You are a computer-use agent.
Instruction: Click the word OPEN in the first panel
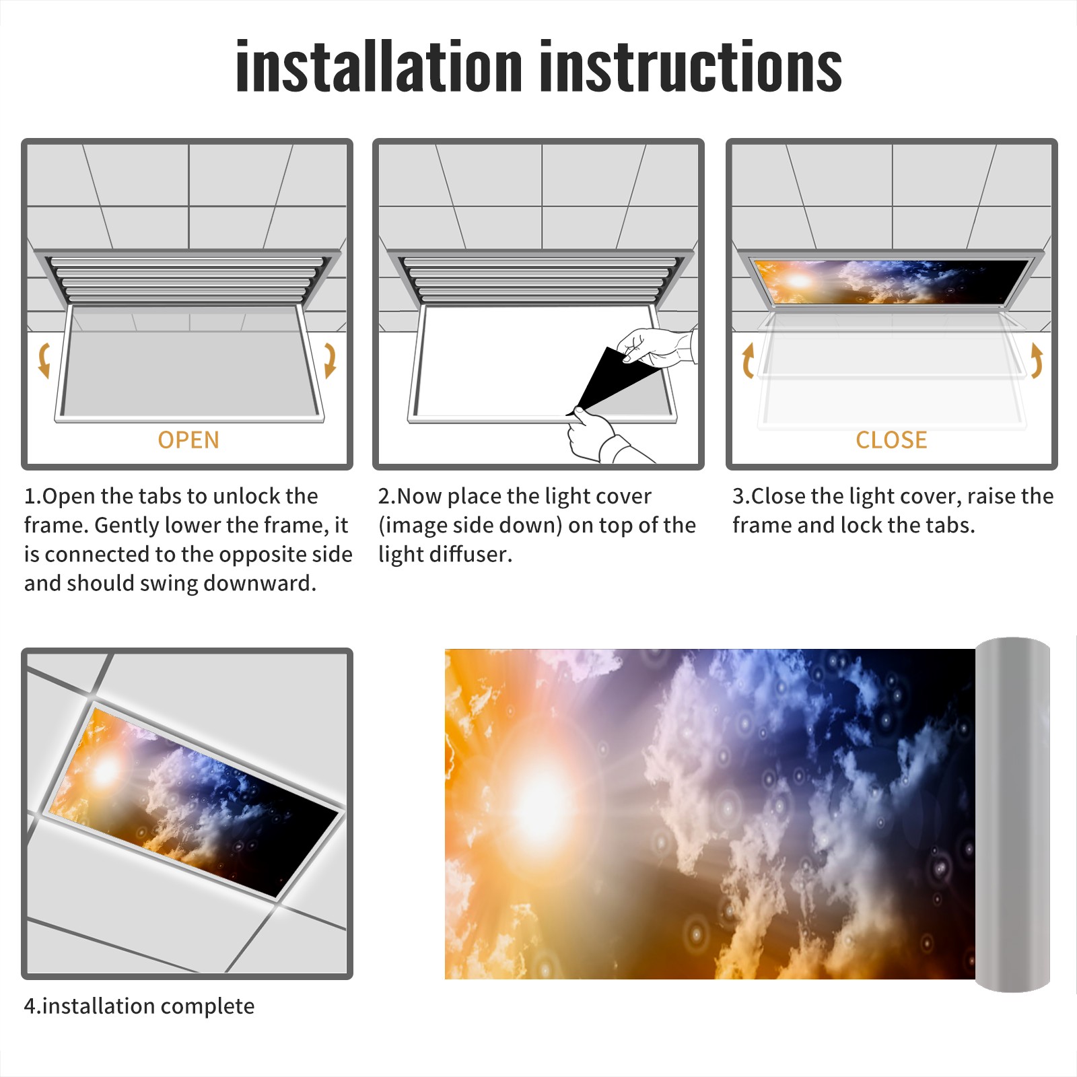pyautogui.click(x=188, y=440)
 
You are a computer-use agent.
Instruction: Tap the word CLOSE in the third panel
pyautogui.click(x=891, y=440)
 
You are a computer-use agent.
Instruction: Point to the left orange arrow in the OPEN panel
pyautogui.click(x=43, y=360)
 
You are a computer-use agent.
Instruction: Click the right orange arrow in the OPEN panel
pyautogui.click(x=331, y=360)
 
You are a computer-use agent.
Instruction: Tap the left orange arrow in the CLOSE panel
pyautogui.click(x=747, y=360)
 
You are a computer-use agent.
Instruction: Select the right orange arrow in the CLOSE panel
pyautogui.click(x=1037, y=360)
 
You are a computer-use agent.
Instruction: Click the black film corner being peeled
pyautogui.click(x=613, y=380)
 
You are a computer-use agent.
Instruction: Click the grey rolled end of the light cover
pyautogui.click(x=1012, y=814)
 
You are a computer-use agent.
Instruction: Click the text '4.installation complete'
pyautogui.click(x=139, y=1006)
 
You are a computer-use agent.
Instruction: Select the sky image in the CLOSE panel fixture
pyautogui.click(x=890, y=281)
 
